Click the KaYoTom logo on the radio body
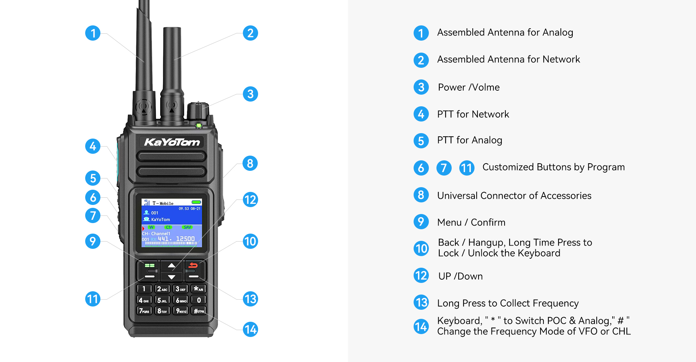click(172, 142)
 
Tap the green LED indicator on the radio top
click(199, 126)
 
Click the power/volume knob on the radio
click(198, 111)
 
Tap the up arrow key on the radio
click(171, 266)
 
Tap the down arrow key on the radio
click(171, 277)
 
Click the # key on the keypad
click(199, 311)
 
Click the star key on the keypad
click(199, 289)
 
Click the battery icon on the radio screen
click(196, 202)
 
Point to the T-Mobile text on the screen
click(163, 203)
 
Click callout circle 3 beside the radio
click(250, 94)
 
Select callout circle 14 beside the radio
click(250, 329)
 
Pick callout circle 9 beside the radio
click(93, 241)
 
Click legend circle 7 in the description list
click(444, 168)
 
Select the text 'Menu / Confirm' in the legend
click(471, 222)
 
